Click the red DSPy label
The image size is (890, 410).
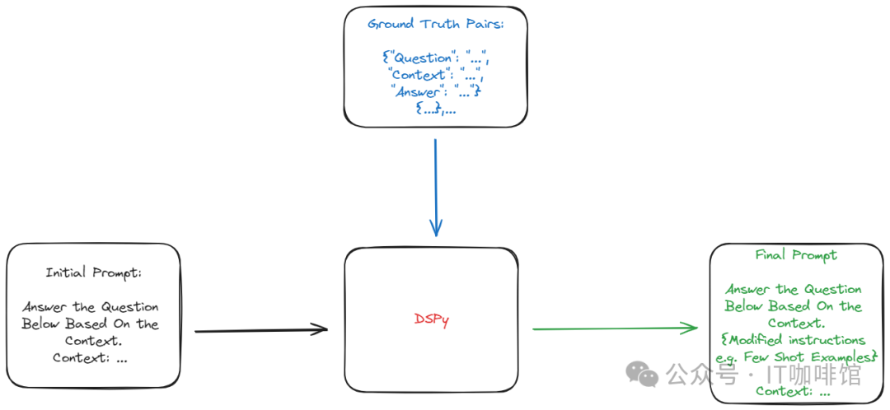pos(431,319)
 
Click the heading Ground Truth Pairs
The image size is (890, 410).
pos(435,24)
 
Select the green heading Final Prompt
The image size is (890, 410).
pos(795,255)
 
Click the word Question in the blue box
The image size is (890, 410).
pos(423,58)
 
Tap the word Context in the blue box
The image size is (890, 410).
pos(417,76)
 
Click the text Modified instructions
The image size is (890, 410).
pos(799,340)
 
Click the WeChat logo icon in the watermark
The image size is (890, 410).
pos(642,375)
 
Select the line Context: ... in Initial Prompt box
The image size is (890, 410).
pos(91,358)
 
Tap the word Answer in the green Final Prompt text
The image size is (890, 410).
pos(749,290)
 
